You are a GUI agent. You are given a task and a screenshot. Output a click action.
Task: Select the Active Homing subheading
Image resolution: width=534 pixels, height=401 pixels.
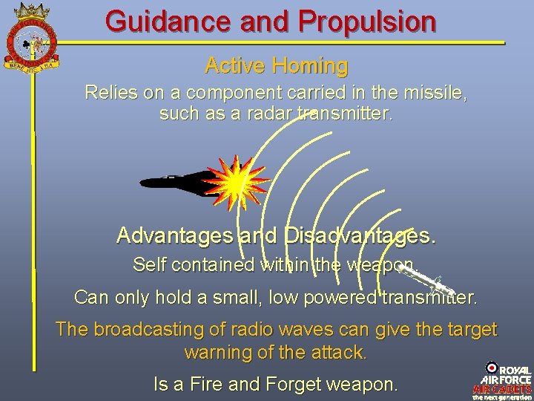(276, 66)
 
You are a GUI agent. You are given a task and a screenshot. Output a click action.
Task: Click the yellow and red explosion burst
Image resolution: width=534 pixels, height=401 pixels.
(237, 183)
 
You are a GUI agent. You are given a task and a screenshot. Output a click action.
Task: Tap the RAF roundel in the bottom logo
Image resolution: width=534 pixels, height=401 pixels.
(491, 368)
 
